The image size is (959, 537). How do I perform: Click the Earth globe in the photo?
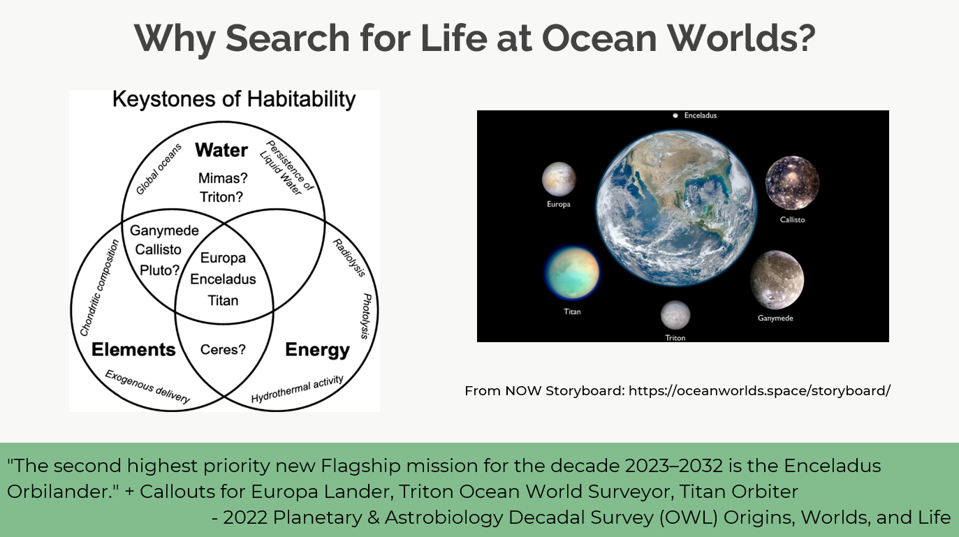pyautogui.click(x=676, y=208)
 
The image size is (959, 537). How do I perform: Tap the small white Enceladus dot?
pyautogui.click(x=675, y=115)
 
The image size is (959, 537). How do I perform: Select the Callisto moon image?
pyautogui.click(x=792, y=183)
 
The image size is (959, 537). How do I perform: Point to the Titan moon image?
pyautogui.click(x=572, y=272)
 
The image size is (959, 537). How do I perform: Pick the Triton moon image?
pyautogui.click(x=675, y=315)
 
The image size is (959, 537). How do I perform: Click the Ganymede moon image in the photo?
pyautogui.click(x=777, y=280)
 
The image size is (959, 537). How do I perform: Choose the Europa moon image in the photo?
pyautogui.click(x=559, y=179)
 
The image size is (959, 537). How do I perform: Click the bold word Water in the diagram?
pyautogui.click(x=221, y=150)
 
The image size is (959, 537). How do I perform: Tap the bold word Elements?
pyautogui.click(x=133, y=350)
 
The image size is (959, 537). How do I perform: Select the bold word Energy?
pyautogui.click(x=317, y=351)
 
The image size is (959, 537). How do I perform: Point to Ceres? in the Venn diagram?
pyautogui.click(x=223, y=350)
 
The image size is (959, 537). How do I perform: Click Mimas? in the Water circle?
pyautogui.click(x=223, y=178)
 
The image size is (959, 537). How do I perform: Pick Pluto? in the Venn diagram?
pyautogui.click(x=160, y=270)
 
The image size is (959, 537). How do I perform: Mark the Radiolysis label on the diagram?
pyautogui.click(x=349, y=258)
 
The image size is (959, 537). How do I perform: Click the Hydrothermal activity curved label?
pyautogui.click(x=297, y=389)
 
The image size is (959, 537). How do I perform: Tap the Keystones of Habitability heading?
pyautogui.click(x=234, y=99)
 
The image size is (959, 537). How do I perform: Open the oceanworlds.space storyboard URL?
pyautogui.click(x=759, y=390)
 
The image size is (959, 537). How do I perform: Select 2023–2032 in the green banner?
pyautogui.click(x=674, y=466)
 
